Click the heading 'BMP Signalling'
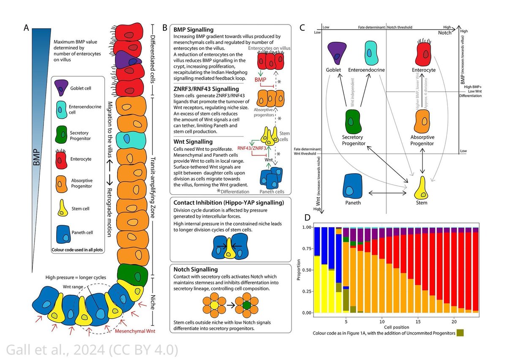[194, 30]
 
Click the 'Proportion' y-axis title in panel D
[299, 270]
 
